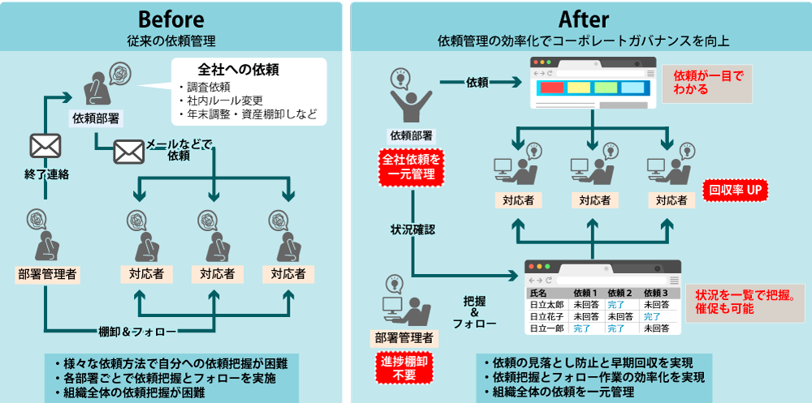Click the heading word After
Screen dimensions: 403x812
point(584,18)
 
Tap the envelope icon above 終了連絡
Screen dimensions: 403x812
point(45,146)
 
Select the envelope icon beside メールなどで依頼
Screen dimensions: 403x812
point(128,152)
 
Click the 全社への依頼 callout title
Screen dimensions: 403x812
point(238,70)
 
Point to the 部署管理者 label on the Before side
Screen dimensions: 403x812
point(48,274)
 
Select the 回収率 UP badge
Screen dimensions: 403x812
point(736,191)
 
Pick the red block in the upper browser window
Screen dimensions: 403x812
point(551,88)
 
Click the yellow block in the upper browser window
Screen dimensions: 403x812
point(578,88)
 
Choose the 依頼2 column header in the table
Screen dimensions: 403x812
point(620,293)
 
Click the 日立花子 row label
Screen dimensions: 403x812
point(546,317)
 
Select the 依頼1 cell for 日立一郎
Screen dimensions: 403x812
point(584,329)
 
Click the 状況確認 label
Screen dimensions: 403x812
point(412,229)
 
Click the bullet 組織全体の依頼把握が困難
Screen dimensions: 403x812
point(136,392)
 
